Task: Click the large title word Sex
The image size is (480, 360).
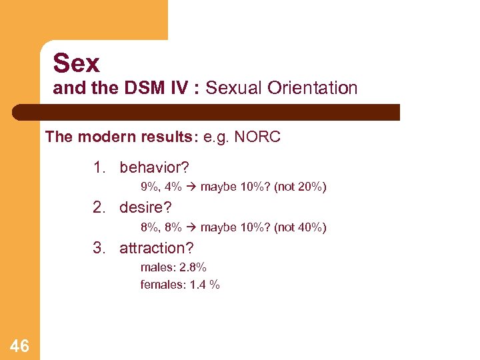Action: click(76, 63)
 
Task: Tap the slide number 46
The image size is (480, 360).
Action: click(19, 345)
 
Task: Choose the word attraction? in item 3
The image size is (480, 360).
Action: click(156, 248)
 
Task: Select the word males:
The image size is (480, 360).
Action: click(157, 267)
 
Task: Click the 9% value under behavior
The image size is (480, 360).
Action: click(149, 187)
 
